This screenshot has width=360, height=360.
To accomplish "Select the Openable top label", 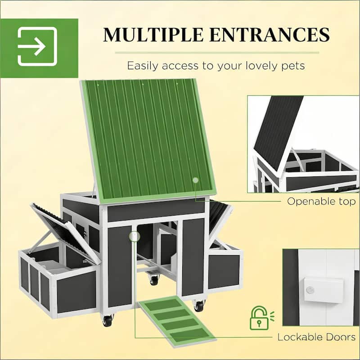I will pyautogui.click(x=321, y=201).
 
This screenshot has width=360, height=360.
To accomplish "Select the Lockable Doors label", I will pyautogui.click(x=316, y=337).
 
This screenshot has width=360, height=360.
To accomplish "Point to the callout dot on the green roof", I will pyautogui.click(x=195, y=180).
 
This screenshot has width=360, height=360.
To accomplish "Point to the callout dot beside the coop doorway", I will pyautogui.click(x=134, y=235).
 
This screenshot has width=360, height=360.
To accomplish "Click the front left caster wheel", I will pyautogui.click(x=107, y=321).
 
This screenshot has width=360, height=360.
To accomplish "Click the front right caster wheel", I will pyautogui.click(x=198, y=306).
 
